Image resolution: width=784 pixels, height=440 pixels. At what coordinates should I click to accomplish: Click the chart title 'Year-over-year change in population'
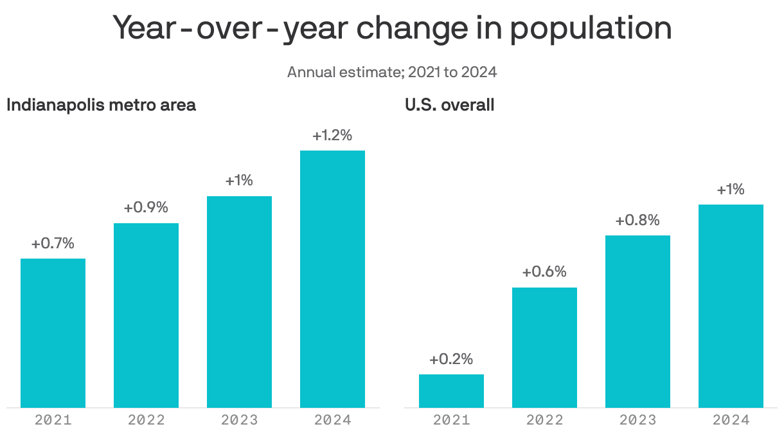pos(392,28)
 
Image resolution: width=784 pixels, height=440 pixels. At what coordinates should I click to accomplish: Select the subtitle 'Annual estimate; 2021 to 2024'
pos(392,71)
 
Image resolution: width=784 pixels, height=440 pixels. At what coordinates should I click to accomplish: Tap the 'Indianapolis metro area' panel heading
pos(101,105)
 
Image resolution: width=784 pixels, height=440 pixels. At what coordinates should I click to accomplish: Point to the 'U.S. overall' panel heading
pos(449,105)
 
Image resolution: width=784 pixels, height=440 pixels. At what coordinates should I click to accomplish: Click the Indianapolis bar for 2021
pos(53,333)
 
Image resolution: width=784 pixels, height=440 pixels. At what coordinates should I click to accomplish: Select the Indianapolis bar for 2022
pos(146,315)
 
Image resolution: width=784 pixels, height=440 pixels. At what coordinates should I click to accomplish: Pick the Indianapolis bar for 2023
pos(239,302)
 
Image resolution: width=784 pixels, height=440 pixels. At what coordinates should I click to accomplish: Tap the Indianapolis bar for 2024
pos(332,279)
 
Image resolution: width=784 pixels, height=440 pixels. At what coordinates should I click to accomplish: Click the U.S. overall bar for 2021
pos(451,390)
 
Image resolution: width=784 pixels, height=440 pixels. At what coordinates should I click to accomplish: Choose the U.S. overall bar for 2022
pos(544,347)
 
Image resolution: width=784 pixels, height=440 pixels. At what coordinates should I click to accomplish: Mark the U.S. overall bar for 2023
pos(637,321)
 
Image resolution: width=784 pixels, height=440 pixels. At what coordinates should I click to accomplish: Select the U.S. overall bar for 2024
pos(731,306)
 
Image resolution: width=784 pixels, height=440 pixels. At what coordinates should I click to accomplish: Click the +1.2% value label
pos(332,136)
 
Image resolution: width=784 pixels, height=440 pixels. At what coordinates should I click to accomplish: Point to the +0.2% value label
pos(451,359)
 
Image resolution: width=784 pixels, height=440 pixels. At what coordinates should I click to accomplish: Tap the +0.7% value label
pos(53,244)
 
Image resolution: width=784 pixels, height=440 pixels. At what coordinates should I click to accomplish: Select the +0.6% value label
pos(544,272)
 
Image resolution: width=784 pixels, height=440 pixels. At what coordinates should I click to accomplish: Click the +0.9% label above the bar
pos(146,208)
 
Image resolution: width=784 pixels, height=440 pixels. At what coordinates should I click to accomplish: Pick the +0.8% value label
pos(637,221)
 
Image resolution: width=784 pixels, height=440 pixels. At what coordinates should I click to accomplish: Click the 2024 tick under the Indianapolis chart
pos(332,420)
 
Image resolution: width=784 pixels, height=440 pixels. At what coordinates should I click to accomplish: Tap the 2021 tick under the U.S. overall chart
pos(451,420)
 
